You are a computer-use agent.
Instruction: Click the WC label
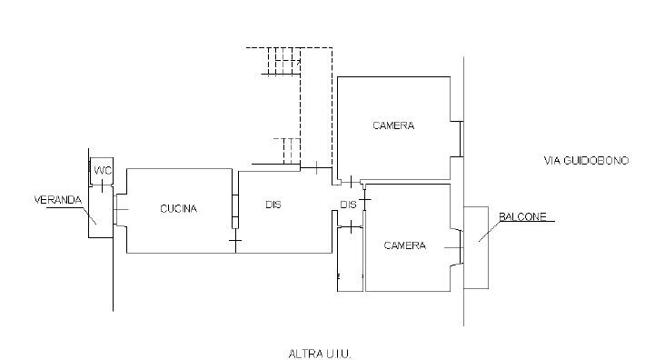(x=102, y=171)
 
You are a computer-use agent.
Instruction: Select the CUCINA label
(x=178, y=208)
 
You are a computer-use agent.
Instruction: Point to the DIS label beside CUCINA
(x=273, y=205)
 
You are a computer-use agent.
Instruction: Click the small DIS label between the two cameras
(x=348, y=204)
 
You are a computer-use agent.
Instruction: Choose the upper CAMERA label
(x=393, y=125)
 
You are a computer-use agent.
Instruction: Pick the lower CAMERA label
(x=404, y=245)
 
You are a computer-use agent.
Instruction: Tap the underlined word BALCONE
(x=523, y=216)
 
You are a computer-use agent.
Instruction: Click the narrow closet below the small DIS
(x=350, y=259)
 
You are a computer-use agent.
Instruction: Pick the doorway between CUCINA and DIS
(x=234, y=209)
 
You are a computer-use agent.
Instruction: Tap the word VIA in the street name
(x=551, y=160)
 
